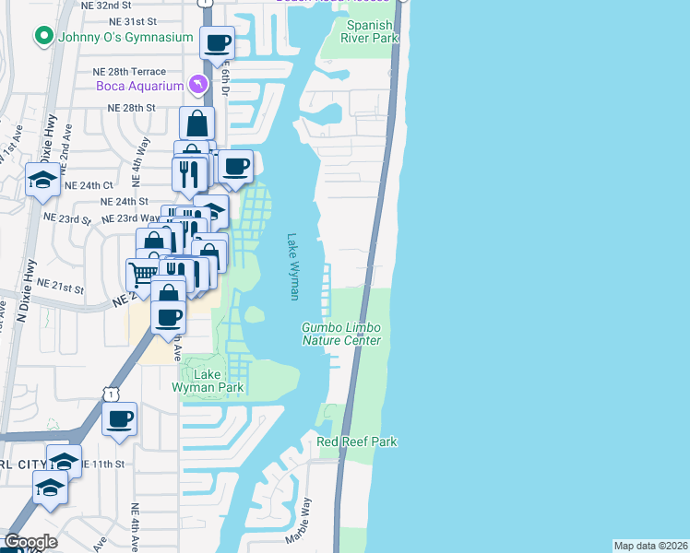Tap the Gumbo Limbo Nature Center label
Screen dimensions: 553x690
[x=341, y=334]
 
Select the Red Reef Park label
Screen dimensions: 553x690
[x=357, y=442]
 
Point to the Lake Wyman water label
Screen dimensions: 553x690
[x=294, y=265]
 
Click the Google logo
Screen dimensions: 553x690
[x=30, y=542]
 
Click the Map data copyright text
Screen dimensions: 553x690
[x=650, y=546]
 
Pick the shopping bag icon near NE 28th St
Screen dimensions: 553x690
[x=197, y=123]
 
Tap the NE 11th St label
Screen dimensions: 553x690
[x=101, y=464]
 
